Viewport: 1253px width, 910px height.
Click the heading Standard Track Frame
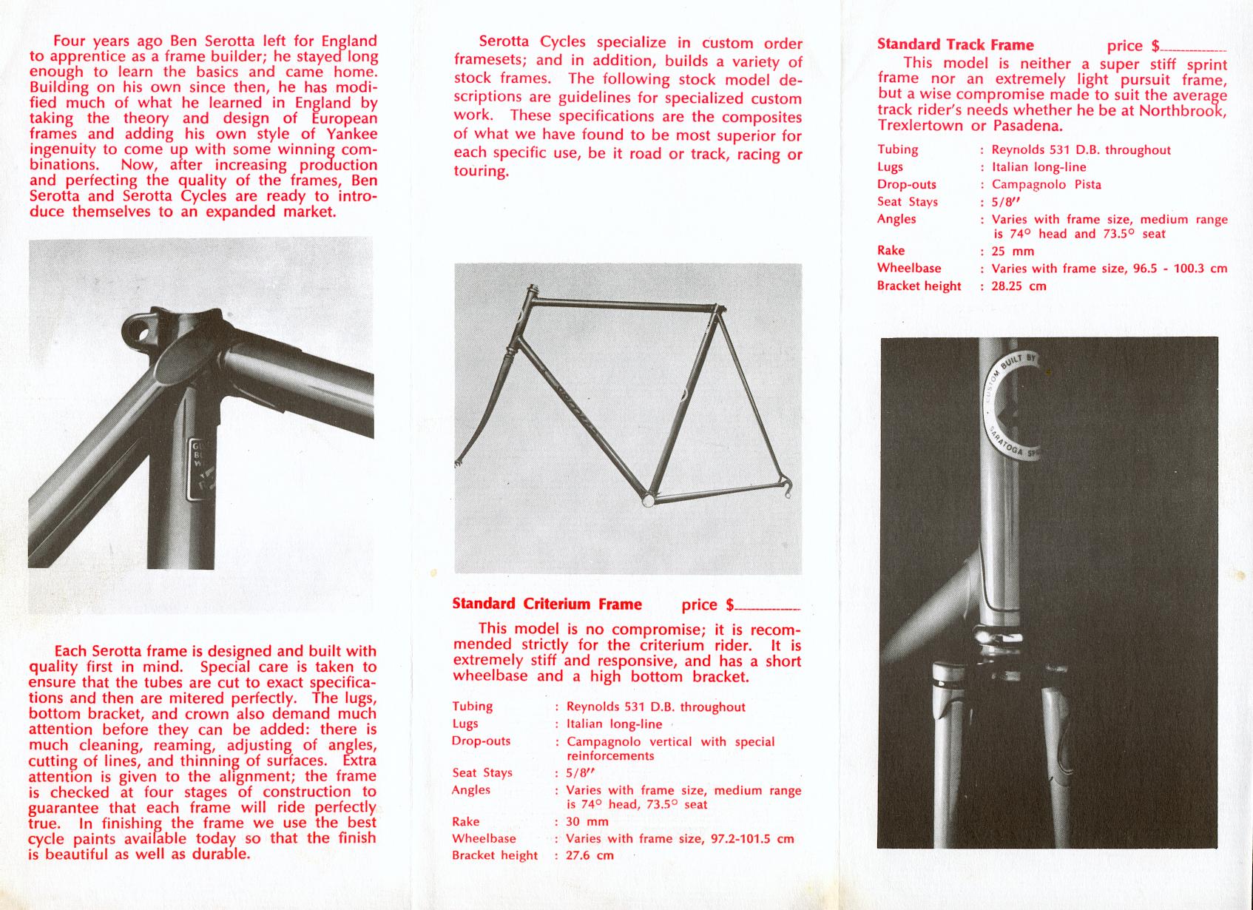(x=955, y=44)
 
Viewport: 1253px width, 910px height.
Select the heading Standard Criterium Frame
(x=547, y=604)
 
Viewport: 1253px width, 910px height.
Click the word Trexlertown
(x=921, y=125)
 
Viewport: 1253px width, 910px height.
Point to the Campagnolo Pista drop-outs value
(x=1046, y=184)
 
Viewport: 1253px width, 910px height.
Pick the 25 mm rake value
(x=1013, y=251)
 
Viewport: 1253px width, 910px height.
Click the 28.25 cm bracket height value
(x=1019, y=286)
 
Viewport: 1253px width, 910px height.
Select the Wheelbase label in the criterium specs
(x=484, y=838)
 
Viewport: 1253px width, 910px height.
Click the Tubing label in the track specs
(x=897, y=149)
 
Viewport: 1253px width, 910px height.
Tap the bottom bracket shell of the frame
(x=649, y=500)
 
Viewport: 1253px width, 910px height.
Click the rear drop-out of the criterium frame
(x=786, y=486)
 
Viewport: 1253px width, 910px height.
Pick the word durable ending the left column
(x=219, y=854)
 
